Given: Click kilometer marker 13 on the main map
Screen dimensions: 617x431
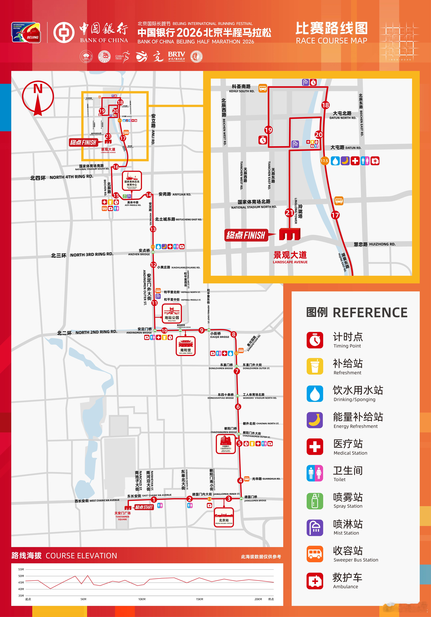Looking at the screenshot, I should pyautogui.click(x=153, y=229).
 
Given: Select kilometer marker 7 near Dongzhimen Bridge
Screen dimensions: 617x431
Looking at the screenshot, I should pyautogui.click(x=237, y=371).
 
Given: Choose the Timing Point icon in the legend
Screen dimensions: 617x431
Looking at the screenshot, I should pyautogui.click(x=315, y=340).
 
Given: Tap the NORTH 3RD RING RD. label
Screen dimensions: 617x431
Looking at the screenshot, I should pyautogui.click(x=92, y=254).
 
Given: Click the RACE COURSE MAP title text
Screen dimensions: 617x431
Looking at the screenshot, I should pyautogui.click(x=331, y=41).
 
